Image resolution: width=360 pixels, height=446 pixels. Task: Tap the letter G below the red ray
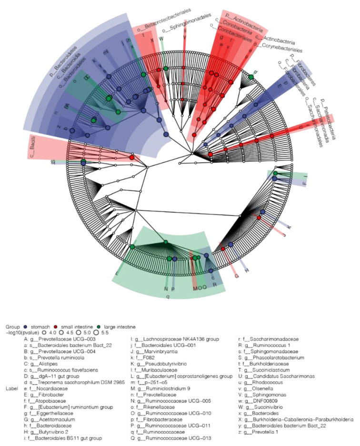(x=236, y=275)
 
